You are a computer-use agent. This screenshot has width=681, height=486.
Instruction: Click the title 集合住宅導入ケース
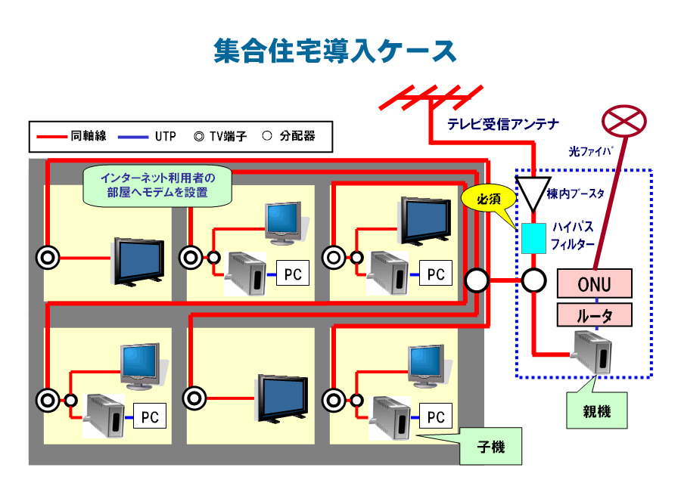pyautogui.click(x=334, y=51)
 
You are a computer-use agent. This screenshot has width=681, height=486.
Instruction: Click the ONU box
pyautogui.click(x=593, y=284)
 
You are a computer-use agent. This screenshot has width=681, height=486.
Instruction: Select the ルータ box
pyautogui.click(x=594, y=314)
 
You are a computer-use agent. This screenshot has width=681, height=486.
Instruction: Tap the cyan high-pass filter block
pyautogui.click(x=533, y=237)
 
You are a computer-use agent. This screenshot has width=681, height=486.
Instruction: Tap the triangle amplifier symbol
pyautogui.click(x=532, y=190)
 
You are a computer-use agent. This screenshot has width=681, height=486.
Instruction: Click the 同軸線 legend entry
pyautogui.click(x=73, y=137)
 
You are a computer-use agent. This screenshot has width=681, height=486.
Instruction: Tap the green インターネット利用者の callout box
pyautogui.click(x=157, y=185)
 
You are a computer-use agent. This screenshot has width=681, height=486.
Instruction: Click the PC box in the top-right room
pyautogui.click(x=436, y=274)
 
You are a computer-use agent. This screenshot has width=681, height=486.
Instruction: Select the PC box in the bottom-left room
pyautogui.click(x=149, y=416)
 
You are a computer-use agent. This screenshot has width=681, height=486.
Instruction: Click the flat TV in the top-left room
pyautogui.click(x=138, y=261)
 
